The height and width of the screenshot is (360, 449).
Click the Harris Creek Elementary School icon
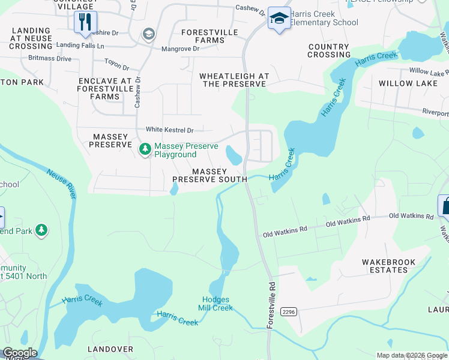(x=279, y=19)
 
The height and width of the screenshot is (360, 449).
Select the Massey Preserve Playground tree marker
(x=145, y=149)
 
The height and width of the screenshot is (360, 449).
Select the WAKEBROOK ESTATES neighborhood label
(x=385, y=266)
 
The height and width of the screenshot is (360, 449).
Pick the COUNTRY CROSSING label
(x=328, y=51)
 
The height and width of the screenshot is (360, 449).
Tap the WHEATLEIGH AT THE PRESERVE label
(x=234, y=80)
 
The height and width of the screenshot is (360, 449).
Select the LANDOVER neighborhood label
(x=110, y=349)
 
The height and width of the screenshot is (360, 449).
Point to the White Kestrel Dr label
(x=170, y=130)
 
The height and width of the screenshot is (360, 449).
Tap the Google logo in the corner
(x=19, y=353)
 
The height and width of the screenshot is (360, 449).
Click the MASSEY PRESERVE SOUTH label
(x=209, y=175)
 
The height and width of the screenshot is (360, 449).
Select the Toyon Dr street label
(x=116, y=64)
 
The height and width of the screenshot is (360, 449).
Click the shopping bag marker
(x=445, y=206)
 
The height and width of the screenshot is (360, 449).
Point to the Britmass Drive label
(x=50, y=59)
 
